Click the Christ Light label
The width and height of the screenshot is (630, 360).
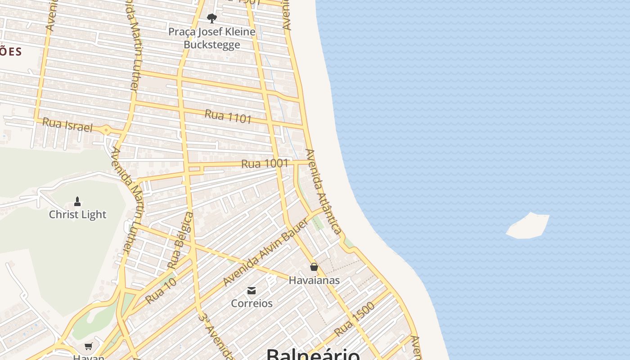coord(77,215)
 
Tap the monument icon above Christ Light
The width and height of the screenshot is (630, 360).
coord(77,201)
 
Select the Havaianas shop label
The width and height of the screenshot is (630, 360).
coord(314,280)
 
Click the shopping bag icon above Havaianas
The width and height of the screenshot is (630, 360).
coord(314,267)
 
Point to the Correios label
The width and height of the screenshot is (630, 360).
coord(252,303)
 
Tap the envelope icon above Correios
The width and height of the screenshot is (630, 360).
coord(252,291)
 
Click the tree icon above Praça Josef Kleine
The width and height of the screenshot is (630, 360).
coord(212,18)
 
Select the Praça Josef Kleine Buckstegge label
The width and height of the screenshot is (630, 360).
coord(212,38)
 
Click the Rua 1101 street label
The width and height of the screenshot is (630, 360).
coord(228,117)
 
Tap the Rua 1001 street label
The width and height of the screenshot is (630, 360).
coord(265,163)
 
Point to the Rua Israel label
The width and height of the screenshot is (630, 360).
coord(67,124)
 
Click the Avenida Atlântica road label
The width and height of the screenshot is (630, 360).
coord(323,192)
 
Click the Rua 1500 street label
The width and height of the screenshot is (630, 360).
coord(355,319)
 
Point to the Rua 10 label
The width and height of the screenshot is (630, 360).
coord(161,291)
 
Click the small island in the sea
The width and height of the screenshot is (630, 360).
coord(528,225)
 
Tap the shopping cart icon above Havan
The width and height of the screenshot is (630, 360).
coord(89,346)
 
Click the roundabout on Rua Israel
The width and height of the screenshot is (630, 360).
coord(106,130)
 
